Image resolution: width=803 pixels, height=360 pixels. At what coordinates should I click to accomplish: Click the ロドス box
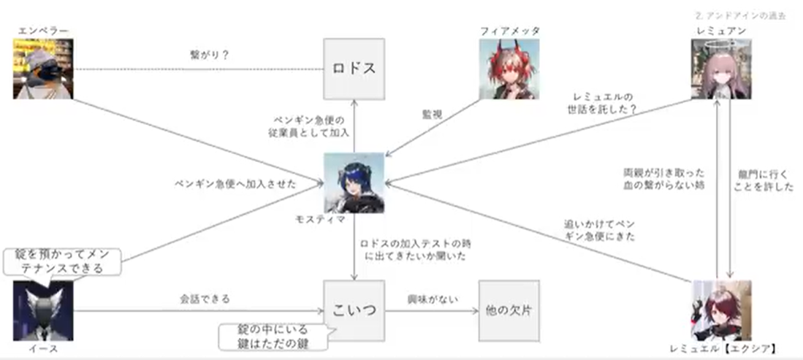click(354, 69)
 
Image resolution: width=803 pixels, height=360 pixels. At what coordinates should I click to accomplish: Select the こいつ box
click(354, 310)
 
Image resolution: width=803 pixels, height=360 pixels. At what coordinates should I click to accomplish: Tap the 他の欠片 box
click(509, 310)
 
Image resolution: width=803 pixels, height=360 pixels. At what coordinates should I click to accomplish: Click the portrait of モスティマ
click(354, 182)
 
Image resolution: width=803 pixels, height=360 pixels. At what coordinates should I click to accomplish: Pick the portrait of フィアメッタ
click(509, 69)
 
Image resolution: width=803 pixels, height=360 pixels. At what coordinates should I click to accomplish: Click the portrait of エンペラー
click(43, 69)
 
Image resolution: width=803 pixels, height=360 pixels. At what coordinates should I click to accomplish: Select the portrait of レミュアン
click(721, 69)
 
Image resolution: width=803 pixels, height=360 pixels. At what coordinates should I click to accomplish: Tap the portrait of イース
click(43, 310)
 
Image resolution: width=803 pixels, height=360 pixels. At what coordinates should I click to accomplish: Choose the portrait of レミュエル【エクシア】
click(721, 310)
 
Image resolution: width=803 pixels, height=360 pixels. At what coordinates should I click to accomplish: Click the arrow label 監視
click(432, 115)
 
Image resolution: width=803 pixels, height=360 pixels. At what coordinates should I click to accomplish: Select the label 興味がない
click(430, 299)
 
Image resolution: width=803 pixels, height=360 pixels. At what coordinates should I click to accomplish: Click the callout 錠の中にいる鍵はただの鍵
click(275, 335)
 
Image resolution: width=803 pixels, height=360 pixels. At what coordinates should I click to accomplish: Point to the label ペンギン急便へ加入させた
click(235, 184)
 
